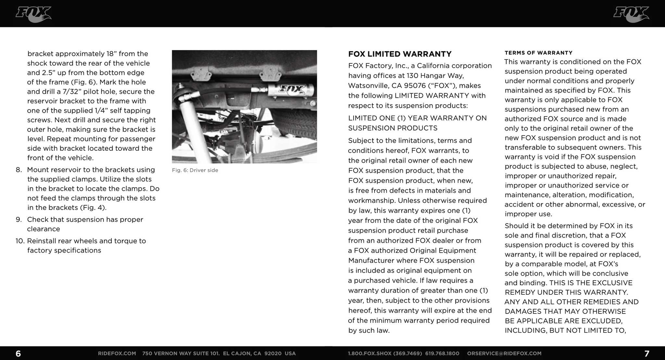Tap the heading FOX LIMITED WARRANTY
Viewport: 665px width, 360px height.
point(400,54)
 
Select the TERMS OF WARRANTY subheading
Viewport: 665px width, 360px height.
point(538,53)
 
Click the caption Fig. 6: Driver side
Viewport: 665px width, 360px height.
point(195,170)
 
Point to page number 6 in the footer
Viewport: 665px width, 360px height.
point(18,354)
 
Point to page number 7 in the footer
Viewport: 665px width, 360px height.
point(646,354)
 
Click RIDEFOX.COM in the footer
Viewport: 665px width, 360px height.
point(117,354)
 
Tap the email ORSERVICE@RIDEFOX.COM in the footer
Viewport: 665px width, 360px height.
point(504,354)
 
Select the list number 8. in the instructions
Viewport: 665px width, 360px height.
point(19,170)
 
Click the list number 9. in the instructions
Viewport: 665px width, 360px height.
point(19,220)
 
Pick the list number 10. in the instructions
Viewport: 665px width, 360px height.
point(20,241)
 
